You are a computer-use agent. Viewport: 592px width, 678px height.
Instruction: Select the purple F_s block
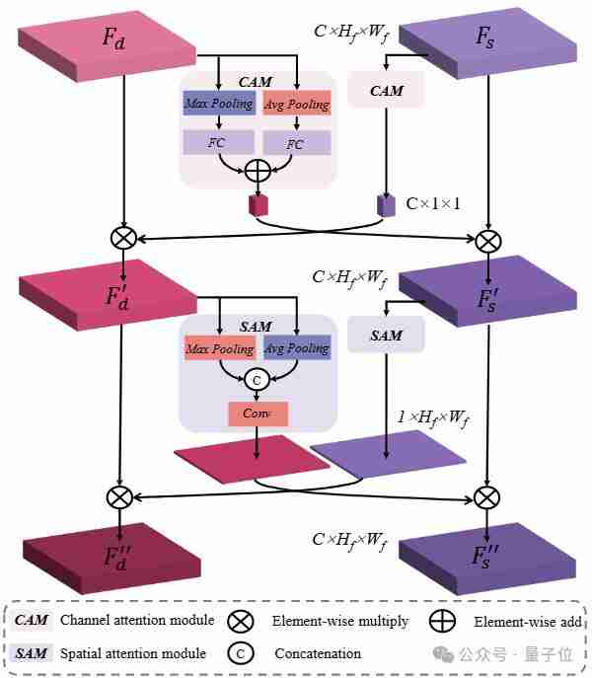(484, 39)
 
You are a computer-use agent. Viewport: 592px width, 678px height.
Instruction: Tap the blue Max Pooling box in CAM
(218, 104)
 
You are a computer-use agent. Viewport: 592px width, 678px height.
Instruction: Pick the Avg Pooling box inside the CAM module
(296, 104)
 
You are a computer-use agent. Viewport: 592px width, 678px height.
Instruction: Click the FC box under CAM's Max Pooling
(218, 143)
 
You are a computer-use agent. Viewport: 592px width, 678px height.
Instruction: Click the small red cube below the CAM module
(259, 204)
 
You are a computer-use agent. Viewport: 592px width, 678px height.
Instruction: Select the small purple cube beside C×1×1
(386, 204)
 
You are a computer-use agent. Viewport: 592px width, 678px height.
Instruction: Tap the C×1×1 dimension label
(433, 204)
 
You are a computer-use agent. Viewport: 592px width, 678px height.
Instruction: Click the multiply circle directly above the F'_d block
(122, 238)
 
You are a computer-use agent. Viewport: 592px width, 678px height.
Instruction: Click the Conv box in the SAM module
(258, 413)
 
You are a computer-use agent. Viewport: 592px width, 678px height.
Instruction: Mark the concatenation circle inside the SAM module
(258, 378)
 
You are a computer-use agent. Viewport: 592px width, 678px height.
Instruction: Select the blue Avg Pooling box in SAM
(296, 348)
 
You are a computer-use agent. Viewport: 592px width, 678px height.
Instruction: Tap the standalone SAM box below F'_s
(386, 336)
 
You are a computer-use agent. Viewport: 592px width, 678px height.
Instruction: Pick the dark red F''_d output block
(112, 555)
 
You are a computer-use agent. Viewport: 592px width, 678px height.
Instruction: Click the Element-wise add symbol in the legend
(443, 622)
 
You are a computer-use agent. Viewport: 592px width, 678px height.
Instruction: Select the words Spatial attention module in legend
(133, 652)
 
